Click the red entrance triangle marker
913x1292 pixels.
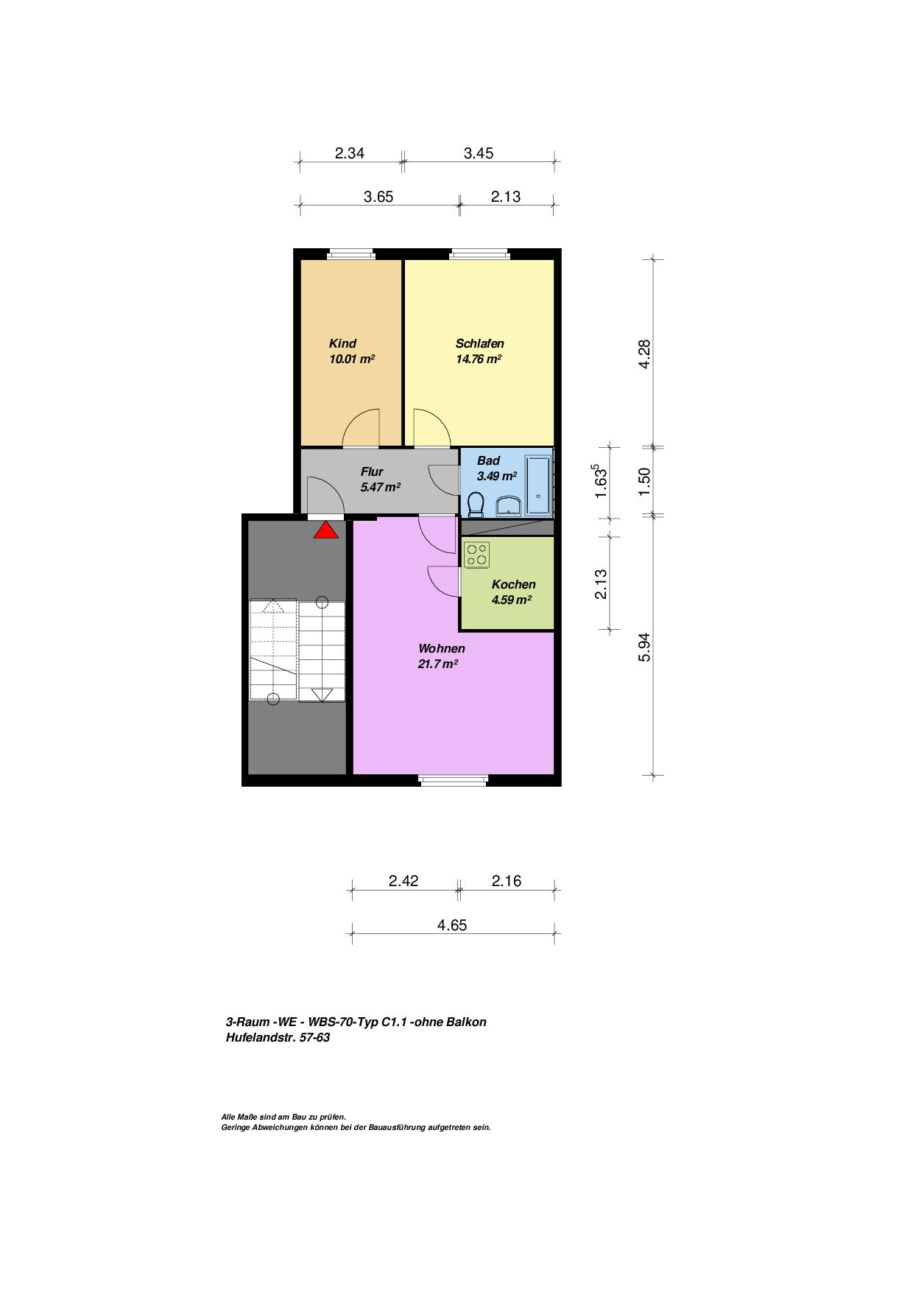click(326, 530)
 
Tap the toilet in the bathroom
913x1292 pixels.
click(476, 505)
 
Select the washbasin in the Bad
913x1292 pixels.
click(509, 505)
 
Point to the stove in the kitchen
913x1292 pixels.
click(476, 554)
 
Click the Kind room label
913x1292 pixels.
click(342, 343)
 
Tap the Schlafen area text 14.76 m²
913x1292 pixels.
click(479, 359)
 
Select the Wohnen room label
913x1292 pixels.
click(442, 649)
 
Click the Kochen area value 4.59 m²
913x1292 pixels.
click(512, 600)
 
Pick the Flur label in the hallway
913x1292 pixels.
click(372, 471)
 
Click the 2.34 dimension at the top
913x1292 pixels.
click(350, 153)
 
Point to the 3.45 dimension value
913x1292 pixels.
click(479, 153)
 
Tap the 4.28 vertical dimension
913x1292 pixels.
click(644, 354)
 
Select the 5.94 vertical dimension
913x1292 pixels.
click(644, 647)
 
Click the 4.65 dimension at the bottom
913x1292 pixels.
click(452, 925)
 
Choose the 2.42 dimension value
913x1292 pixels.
click(403, 881)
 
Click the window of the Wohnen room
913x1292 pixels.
click(454, 778)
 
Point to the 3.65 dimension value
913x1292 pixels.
click(378, 197)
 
